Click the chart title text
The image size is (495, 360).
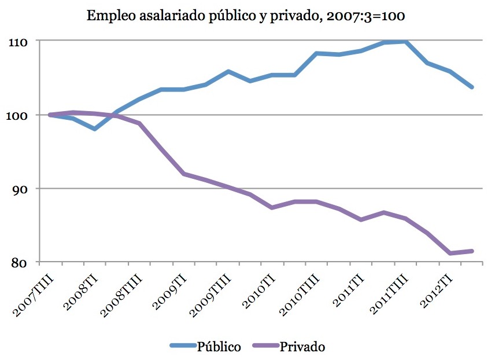[246, 16]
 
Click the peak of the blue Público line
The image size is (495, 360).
[406, 41]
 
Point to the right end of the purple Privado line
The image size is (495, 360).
[472, 251]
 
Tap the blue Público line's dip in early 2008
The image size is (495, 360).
[94, 128]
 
